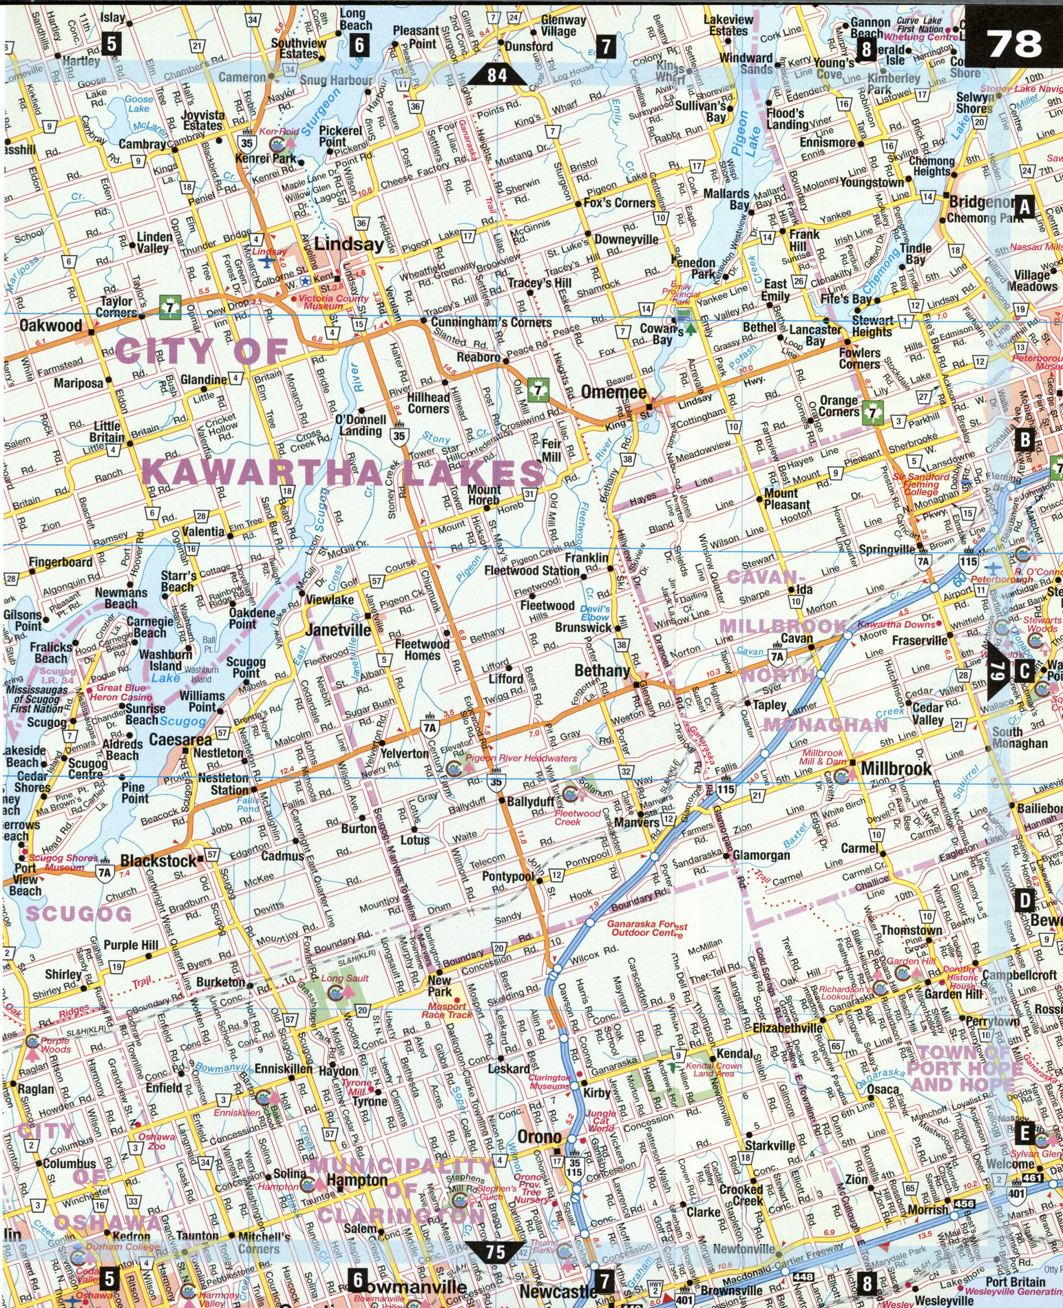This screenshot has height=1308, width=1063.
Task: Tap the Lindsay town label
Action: [349, 244]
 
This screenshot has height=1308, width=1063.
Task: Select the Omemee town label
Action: [613, 392]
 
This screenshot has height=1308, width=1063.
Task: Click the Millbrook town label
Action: [896, 768]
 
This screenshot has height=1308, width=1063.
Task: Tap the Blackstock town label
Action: [158, 861]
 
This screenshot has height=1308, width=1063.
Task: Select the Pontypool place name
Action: [508, 876]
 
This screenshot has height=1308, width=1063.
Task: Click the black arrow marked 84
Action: [497, 74]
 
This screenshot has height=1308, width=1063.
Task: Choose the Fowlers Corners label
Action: [859, 358]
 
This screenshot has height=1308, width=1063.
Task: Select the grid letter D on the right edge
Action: [1025, 899]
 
